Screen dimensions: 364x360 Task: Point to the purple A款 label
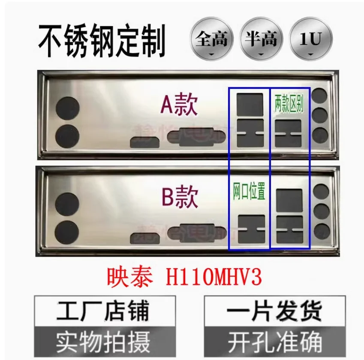tap(179, 105)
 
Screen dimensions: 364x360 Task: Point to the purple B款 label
tap(180, 198)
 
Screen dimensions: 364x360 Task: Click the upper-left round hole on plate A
tap(67, 108)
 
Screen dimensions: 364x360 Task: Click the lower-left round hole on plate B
tap(67, 232)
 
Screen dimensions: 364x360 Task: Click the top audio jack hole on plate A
tap(320, 96)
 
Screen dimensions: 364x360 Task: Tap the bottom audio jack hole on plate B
tap(321, 231)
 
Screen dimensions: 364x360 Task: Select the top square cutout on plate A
tap(250, 104)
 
